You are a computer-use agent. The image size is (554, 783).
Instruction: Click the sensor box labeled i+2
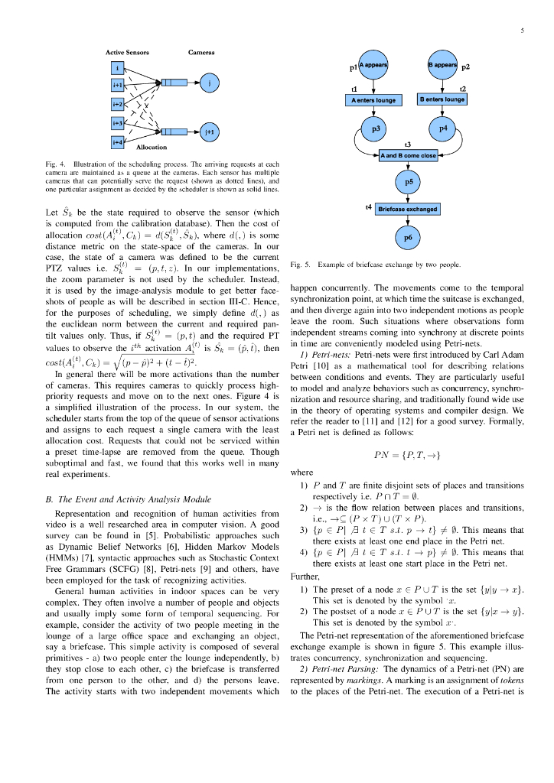pos(118,104)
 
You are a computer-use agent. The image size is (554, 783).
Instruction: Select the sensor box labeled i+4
pos(118,142)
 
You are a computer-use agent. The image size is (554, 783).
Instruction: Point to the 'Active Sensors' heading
pos(128,52)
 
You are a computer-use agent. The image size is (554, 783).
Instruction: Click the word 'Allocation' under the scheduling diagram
pos(150,146)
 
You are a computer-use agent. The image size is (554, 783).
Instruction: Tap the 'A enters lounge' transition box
pos(373,100)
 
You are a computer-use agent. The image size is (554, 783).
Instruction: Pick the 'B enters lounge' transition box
pos(442,100)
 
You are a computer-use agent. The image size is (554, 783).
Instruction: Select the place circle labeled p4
pos(442,130)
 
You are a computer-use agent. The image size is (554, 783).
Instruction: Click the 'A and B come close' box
pos(408,156)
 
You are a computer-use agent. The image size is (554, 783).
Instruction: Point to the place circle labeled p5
pos(408,182)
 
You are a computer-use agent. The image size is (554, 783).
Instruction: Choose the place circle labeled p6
pos(408,237)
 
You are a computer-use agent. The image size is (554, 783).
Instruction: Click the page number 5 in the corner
pos(522,31)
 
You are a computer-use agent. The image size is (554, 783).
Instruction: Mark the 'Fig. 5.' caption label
pos(301,265)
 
